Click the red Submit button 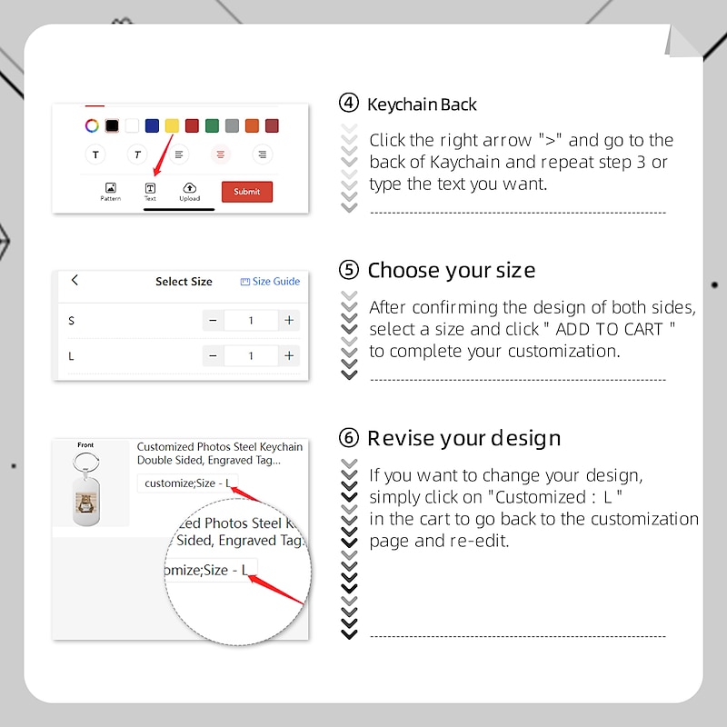click(x=246, y=192)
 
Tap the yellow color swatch click(x=172, y=125)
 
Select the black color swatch click(x=112, y=125)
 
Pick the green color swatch click(x=212, y=125)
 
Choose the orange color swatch click(x=252, y=125)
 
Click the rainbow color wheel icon click(x=92, y=125)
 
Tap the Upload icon click(x=190, y=188)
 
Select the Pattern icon click(x=110, y=188)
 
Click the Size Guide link click(x=270, y=282)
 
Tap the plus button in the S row click(x=289, y=321)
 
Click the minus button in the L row click(x=213, y=355)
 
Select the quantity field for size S click(x=251, y=321)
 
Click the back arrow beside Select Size click(x=75, y=280)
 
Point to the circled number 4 click(x=349, y=103)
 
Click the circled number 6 click(x=349, y=438)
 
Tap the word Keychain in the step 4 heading click(x=402, y=105)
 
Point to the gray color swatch click(x=232, y=125)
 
